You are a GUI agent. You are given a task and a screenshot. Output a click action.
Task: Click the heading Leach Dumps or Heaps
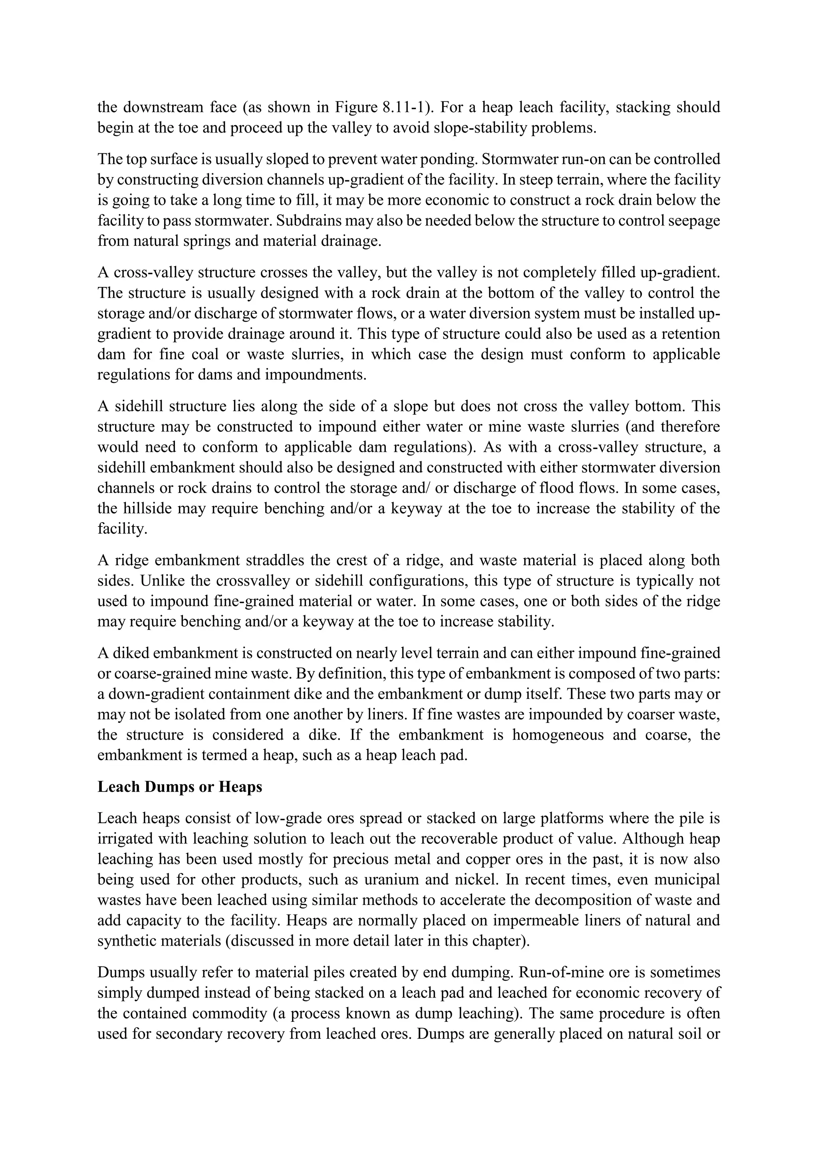tap(180, 787)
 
